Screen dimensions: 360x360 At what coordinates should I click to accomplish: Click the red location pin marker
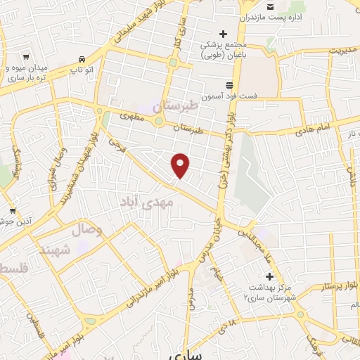(181, 165)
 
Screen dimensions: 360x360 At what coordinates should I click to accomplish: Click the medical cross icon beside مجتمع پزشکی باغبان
(224, 34)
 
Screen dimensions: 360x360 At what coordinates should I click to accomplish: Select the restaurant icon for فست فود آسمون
(229, 84)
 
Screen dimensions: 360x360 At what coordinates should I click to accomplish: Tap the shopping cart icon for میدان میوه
(27, 57)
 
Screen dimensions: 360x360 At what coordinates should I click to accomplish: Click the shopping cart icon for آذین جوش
(13, 210)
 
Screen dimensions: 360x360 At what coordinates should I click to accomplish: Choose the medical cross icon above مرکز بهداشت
(269, 276)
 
